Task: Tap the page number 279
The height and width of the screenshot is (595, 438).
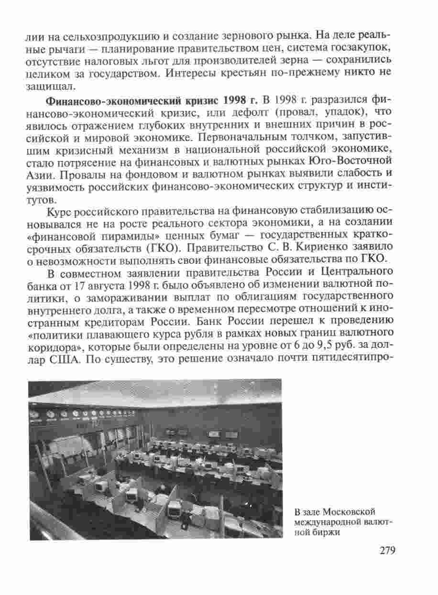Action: [x=387, y=551]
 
